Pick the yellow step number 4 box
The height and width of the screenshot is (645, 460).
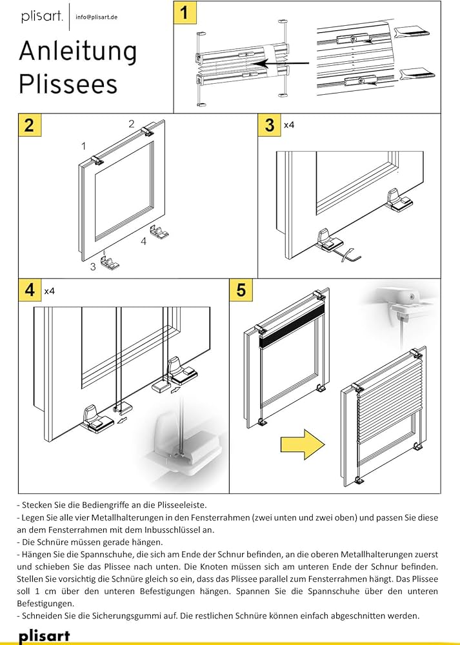tap(28, 290)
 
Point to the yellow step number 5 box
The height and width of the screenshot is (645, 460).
tap(241, 290)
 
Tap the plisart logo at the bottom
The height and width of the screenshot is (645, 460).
tap(43, 636)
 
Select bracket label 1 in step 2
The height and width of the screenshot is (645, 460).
tap(84, 146)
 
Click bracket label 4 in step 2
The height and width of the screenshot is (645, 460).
tap(145, 241)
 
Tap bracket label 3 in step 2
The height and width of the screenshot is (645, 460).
tap(93, 266)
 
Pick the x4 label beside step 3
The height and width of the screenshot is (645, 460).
tap(289, 124)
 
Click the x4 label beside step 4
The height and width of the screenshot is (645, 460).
tap(49, 291)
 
